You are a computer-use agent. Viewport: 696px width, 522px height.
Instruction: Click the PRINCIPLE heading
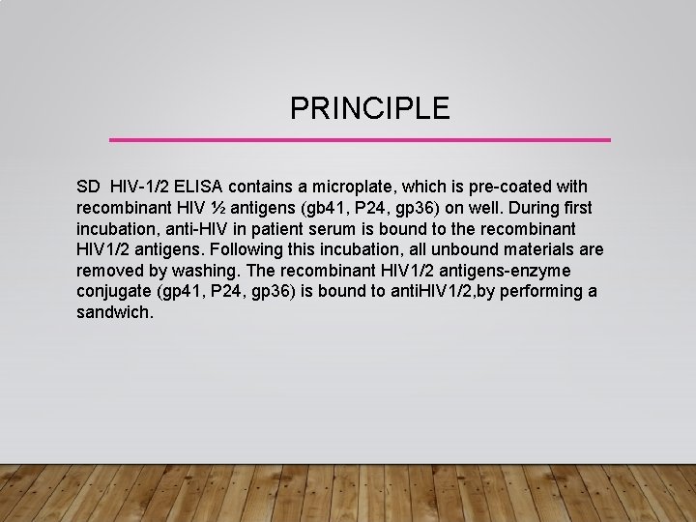tap(369, 108)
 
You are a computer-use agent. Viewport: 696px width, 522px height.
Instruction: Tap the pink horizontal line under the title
tap(361, 140)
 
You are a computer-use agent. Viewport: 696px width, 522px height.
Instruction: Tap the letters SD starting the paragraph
tap(87, 185)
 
